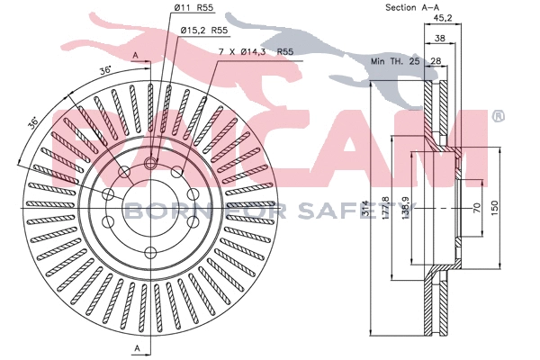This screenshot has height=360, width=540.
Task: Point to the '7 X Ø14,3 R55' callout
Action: [256, 52]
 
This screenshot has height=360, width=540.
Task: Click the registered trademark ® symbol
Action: [498, 116]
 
